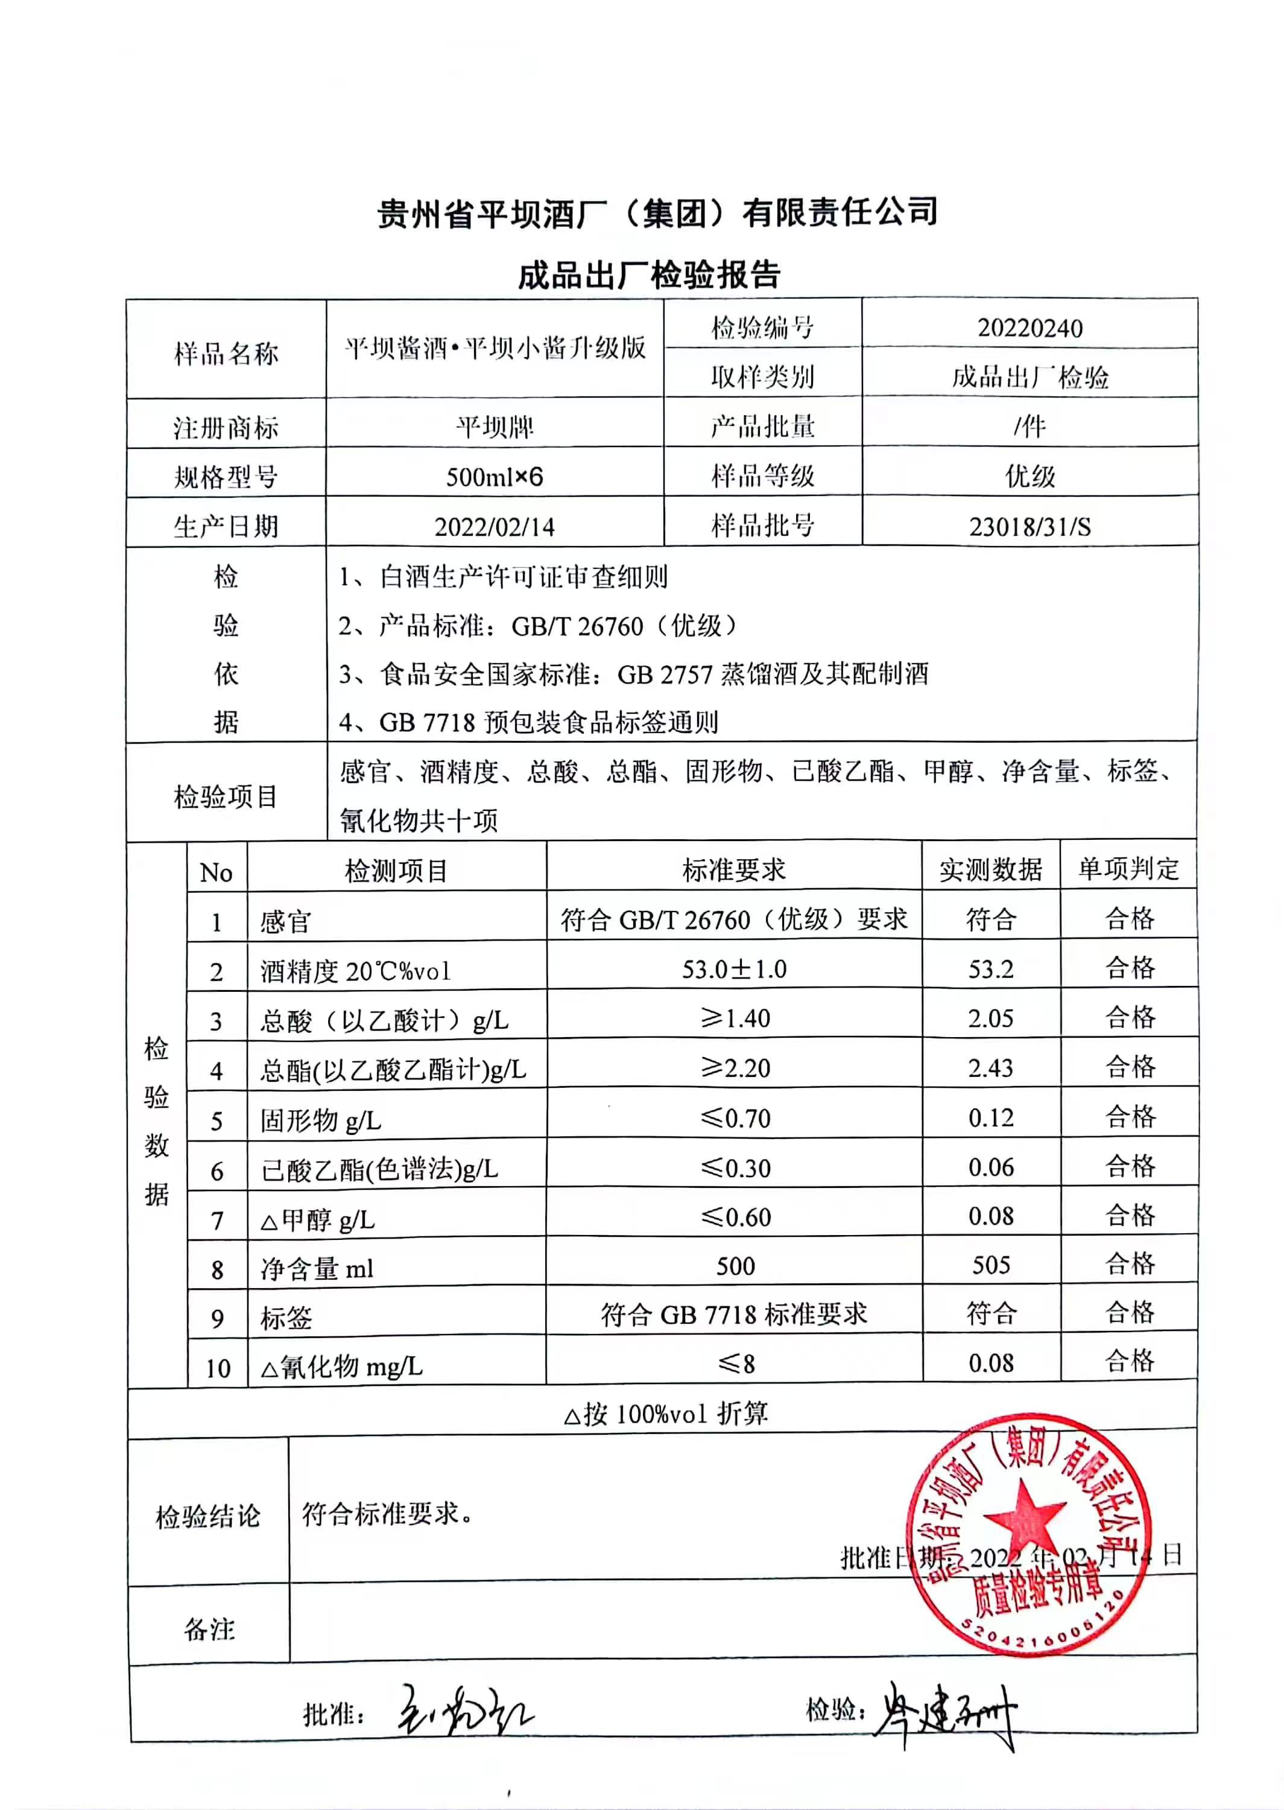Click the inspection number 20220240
tap(1029, 328)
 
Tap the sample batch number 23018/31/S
tap(1029, 527)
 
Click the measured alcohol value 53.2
tap(991, 969)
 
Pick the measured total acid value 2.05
tap(991, 1018)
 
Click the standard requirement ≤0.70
tap(735, 1118)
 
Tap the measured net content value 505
tap(991, 1265)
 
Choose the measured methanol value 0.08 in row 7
tap(991, 1216)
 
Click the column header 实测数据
tap(991, 870)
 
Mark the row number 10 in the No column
tap(218, 1368)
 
